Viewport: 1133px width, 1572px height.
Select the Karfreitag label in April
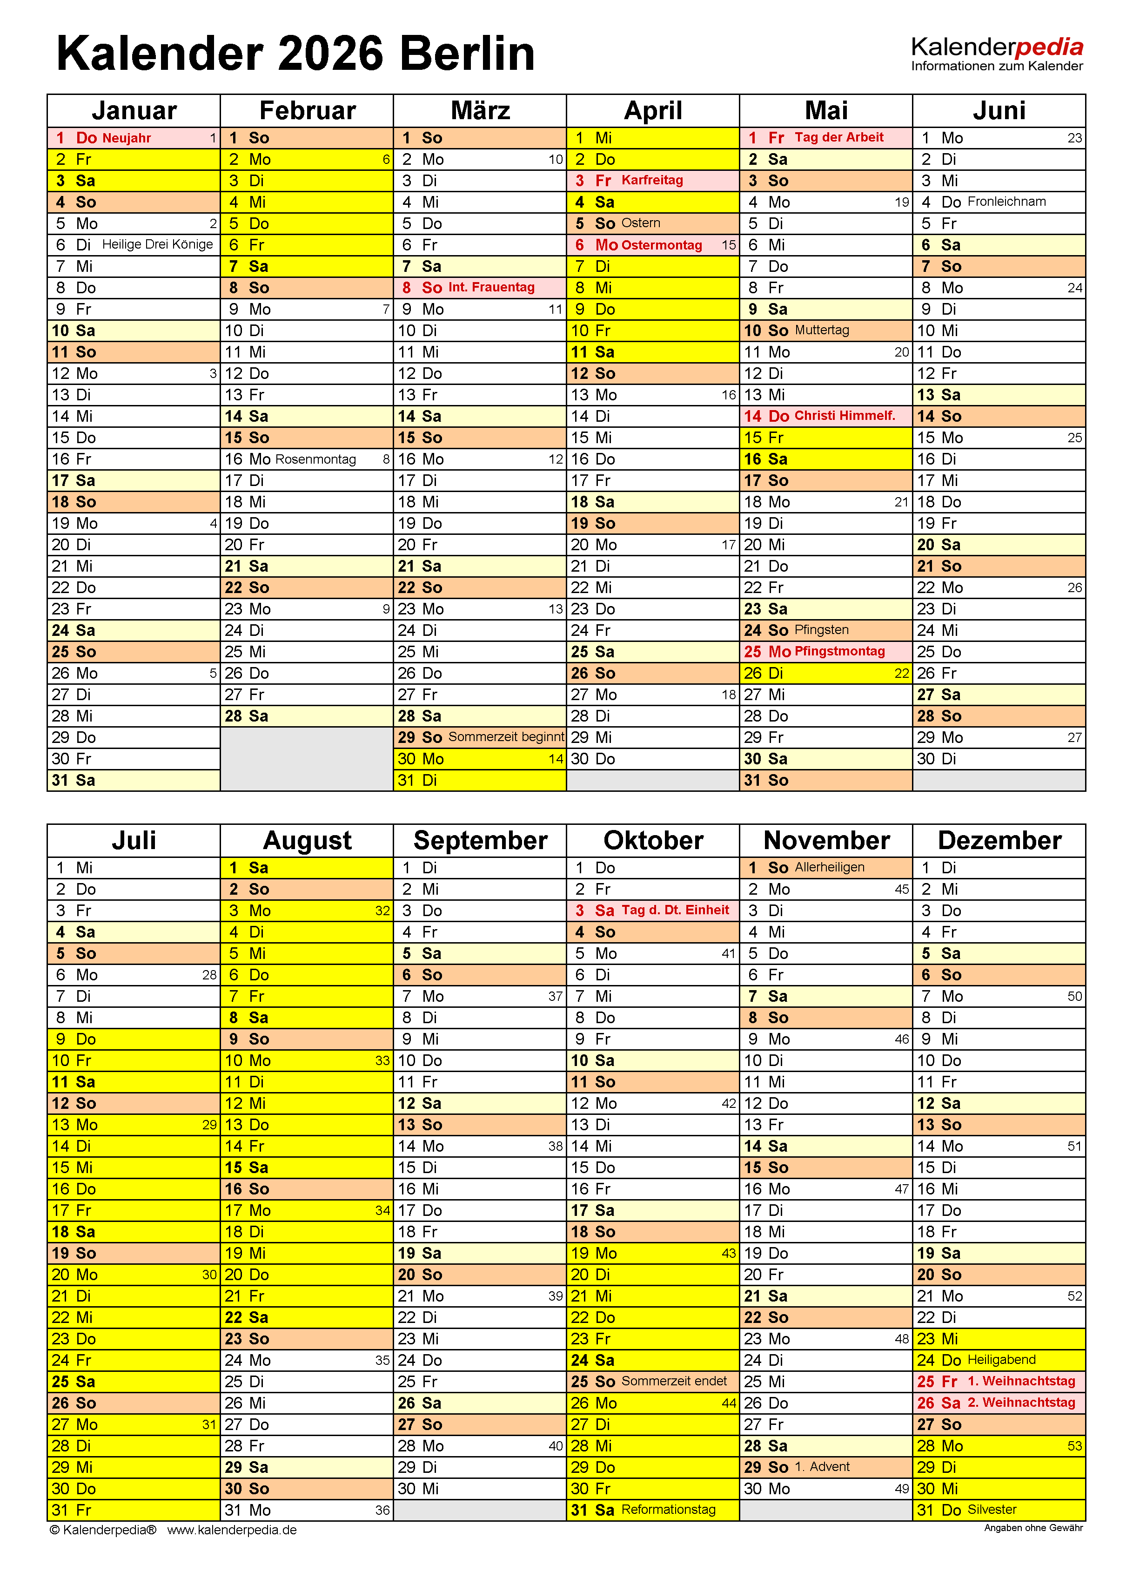(x=652, y=180)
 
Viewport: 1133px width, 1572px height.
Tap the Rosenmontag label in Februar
(x=315, y=459)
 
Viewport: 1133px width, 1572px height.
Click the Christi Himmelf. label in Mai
(x=845, y=415)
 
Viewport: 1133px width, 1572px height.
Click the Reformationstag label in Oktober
(x=668, y=1509)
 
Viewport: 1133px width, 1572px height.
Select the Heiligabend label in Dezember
(x=1001, y=1359)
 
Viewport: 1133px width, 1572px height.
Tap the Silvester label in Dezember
(x=992, y=1509)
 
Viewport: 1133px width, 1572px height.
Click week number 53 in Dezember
(x=1074, y=1446)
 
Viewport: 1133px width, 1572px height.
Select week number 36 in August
(x=382, y=1510)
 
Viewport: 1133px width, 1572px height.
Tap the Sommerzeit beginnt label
(x=506, y=737)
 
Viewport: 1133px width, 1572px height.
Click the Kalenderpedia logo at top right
(x=997, y=54)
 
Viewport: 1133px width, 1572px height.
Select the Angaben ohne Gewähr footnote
(x=1033, y=1528)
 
